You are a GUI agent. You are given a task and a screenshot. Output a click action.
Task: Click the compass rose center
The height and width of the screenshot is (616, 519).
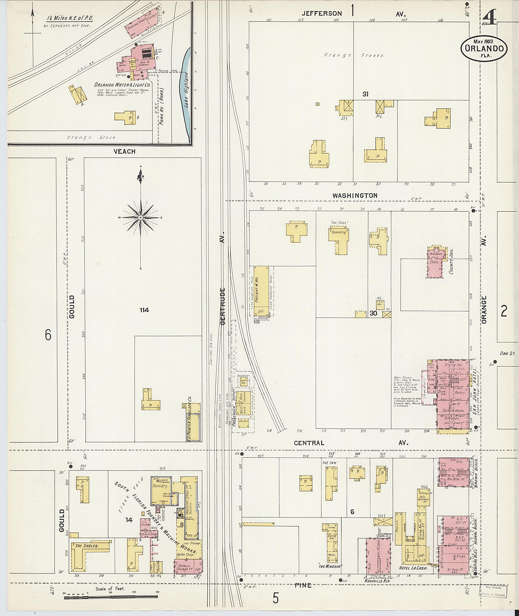click(141, 217)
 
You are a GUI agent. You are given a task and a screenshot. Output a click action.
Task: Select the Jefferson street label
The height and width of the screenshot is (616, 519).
click(322, 13)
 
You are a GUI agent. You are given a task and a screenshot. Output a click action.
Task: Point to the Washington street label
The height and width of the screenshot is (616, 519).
click(355, 196)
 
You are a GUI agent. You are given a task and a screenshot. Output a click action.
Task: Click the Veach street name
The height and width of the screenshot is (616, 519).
click(125, 152)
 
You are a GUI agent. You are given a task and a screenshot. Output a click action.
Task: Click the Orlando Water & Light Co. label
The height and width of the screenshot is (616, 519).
click(122, 85)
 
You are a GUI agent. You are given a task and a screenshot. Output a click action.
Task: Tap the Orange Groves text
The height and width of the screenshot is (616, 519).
click(354, 55)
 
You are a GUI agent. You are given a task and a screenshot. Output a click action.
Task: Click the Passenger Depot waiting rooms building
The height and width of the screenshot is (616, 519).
click(245, 403)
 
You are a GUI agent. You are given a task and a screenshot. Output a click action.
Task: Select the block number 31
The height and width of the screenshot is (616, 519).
click(365, 94)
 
